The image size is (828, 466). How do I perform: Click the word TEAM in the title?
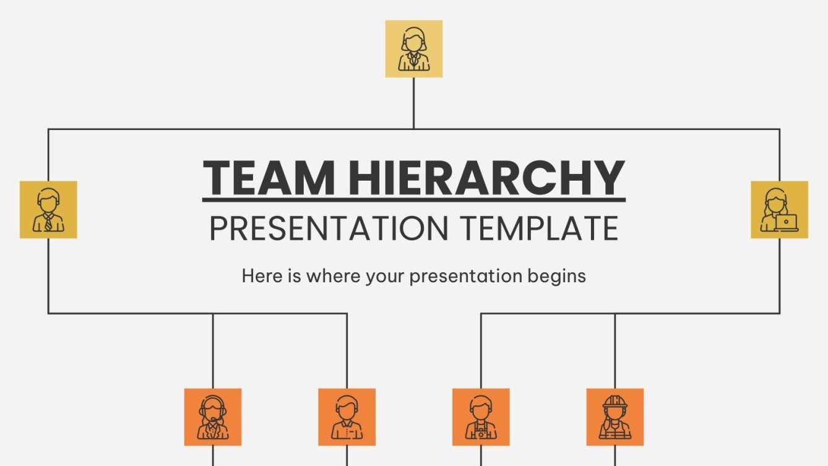pos(269,178)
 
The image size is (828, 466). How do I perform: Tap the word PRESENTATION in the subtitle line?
pos(327,228)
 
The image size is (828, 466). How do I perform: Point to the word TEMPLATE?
pos(538,228)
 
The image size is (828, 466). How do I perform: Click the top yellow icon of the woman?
pos(413,49)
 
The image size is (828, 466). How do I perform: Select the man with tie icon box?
pos(48,210)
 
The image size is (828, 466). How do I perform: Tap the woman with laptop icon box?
pos(779,210)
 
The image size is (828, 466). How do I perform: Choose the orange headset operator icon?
pos(213,417)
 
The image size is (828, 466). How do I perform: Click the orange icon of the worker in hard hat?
pos(615,417)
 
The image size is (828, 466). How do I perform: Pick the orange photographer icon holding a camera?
pos(481,417)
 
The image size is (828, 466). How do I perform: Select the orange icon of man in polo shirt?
pos(347,417)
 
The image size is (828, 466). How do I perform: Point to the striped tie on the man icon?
pos(48,223)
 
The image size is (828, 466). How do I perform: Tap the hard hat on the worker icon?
pos(615,401)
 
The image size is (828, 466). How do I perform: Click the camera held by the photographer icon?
pos(481,434)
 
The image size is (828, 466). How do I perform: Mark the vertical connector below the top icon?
pos(413,103)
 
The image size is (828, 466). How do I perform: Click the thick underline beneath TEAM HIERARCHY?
pos(413,200)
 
